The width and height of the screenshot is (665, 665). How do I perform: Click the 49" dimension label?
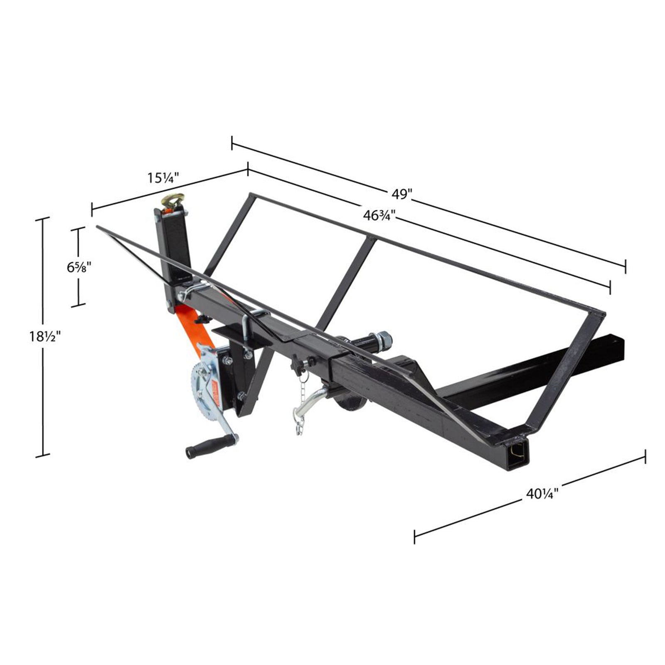click(x=401, y=194)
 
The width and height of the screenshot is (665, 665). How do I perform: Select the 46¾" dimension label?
click(x=379, y=215)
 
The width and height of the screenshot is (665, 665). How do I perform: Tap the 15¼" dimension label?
click(x=163, y=178)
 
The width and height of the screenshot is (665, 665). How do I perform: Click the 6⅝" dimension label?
click(x=79, y=266)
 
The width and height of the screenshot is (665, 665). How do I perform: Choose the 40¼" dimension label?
click(x=542, y=493)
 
